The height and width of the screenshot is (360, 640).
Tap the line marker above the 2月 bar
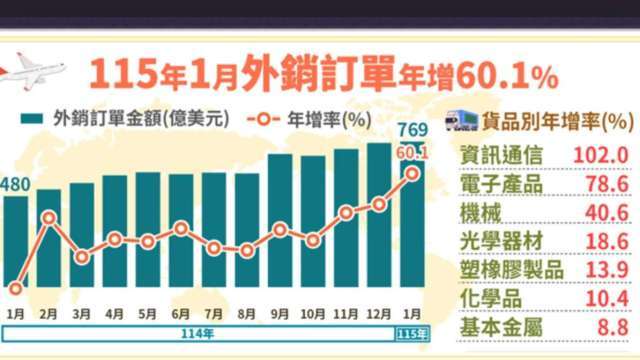tap(49, 217)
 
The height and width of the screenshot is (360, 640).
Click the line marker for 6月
tap(181, 228)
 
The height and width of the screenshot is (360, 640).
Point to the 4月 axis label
tap(114, 312)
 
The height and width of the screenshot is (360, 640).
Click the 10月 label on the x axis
tap(313, 312)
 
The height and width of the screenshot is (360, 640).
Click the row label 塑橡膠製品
tap(511, 270)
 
